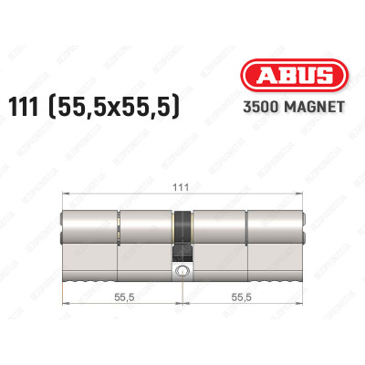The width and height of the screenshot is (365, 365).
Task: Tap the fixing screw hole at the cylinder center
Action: pyautogui.click(x=182, y=271)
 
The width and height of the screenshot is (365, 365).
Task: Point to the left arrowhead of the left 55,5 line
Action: pyautogui.click(x=63, y=308)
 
